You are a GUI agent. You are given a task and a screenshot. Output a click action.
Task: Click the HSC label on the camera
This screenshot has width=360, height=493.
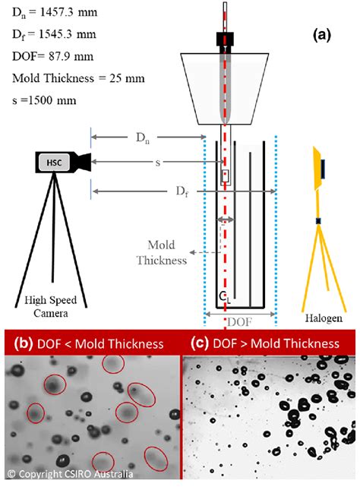[54, 163]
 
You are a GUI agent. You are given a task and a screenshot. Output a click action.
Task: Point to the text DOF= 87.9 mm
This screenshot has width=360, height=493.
[53, 56]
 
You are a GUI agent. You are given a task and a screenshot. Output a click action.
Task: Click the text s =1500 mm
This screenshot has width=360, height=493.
[44, 100]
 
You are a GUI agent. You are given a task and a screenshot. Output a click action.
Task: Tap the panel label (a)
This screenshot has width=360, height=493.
[321, 35]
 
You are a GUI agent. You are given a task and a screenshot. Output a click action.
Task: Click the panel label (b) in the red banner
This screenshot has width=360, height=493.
[24, 343]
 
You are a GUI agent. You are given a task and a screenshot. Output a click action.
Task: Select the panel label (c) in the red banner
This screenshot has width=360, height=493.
[199, 343]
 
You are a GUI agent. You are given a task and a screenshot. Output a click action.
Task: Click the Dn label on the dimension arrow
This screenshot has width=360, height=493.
[143, 138]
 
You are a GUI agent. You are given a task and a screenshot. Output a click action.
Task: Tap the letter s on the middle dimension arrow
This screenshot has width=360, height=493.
[158, 163]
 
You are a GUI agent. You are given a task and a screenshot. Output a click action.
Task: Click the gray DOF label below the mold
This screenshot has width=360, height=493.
[239, 322]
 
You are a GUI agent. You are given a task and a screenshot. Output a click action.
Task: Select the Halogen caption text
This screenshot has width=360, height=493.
[324, 318]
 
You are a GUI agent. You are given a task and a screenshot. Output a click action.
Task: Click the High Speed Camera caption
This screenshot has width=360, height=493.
[51, 307]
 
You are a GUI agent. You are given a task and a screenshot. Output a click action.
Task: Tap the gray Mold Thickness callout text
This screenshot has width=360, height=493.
[162, 253]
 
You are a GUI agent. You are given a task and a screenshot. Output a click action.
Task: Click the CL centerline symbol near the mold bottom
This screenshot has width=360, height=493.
[225, 298]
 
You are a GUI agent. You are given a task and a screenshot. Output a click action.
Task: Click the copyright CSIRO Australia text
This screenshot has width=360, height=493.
[70, 473]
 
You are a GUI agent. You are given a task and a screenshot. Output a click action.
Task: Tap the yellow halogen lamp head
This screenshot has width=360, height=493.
[319, 169]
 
